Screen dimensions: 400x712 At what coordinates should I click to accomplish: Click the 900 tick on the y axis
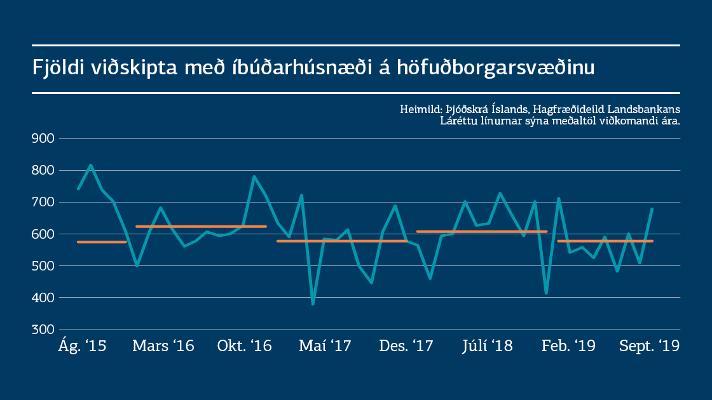click(x=43, y=138)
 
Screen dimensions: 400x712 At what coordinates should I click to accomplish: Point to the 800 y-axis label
click(x=43, y=170)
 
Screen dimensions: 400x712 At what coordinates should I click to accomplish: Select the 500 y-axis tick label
click(x=43, y=265)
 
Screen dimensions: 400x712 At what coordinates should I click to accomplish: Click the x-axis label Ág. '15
click(x=83, y=346)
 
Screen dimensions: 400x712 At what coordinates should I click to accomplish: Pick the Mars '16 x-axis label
click(x=163, y=346)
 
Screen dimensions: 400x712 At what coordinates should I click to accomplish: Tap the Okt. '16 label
click(x=244, y=346)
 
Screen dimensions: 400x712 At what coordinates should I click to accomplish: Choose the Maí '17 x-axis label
click(x=325, y=346)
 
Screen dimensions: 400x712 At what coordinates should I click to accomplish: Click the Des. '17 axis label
click(x=406, y=346)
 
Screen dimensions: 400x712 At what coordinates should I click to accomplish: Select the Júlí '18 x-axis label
click(x=487, y=346)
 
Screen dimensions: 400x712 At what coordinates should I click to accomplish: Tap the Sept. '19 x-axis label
click(x=649, y=346)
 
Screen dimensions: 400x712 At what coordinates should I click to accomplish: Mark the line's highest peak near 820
click(x=90, y=165)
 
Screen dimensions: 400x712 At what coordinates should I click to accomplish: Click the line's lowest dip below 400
click(x=313, y=304)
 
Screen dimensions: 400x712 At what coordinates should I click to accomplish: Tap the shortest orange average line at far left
click(x=102, y=242)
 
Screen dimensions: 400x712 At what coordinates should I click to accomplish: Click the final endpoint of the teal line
click(x=652, y=209)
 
